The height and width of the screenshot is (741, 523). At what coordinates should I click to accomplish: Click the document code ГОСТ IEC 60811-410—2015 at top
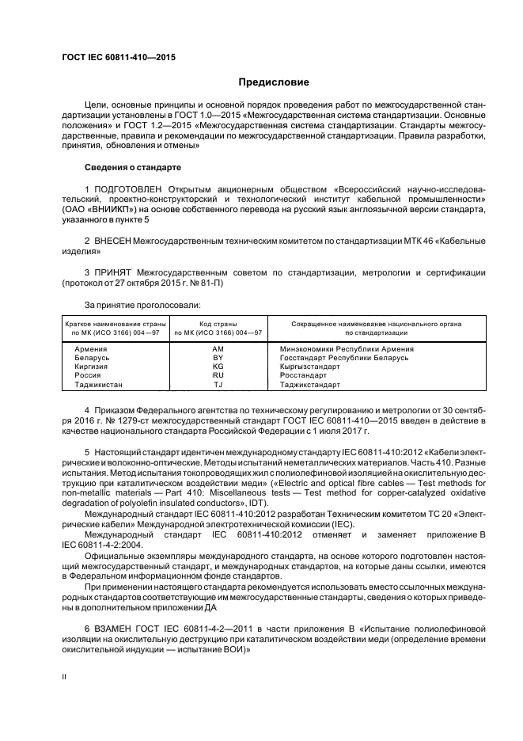[x=118, y=59]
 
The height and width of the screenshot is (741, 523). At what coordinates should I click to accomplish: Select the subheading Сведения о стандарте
[x=133, y=168]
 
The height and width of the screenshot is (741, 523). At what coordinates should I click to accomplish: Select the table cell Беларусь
[x=92, y=358]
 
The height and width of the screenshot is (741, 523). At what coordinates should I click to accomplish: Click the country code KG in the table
[x=218, y=367]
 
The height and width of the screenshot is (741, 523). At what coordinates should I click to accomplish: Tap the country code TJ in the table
[x=218, y=386]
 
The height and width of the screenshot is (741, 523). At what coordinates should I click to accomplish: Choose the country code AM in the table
[x=218, y=348]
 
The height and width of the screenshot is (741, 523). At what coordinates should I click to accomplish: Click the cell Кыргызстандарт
[x=311, y=367]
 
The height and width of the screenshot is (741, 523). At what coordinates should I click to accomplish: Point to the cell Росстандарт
[x=304, y=376]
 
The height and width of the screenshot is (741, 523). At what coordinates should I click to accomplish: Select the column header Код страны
[x=218, y=324]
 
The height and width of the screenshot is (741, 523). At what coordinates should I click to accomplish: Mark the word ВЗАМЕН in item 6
[x=116, y=628]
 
